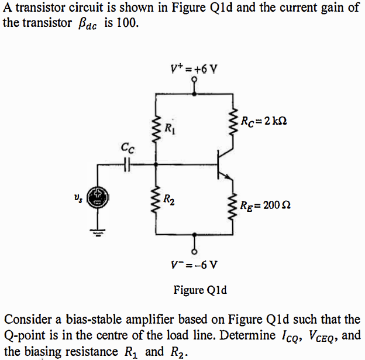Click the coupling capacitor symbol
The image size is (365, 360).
click(126, 165)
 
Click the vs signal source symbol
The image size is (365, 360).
click(98, 198)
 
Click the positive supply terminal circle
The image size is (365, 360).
click(193, 81)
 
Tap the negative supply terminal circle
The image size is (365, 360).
click(194, 251)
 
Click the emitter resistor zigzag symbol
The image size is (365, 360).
click(236, 205)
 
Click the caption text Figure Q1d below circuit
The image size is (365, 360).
click(201, 290)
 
